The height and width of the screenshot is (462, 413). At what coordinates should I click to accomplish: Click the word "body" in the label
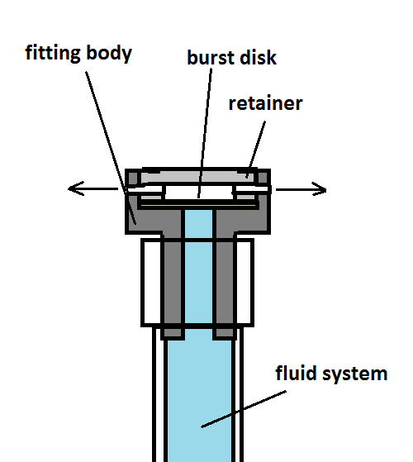(109, 53)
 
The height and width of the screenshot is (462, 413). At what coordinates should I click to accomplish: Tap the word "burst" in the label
(211, 57)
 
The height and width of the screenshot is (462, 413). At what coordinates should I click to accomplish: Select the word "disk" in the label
(259, 57)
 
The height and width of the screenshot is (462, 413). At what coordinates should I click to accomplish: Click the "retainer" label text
(265, 103)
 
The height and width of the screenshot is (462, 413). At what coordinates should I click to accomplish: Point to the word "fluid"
(297, 373)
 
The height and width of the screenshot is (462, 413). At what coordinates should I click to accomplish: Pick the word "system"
(354, 374)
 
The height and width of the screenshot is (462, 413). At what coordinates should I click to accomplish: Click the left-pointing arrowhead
(76, 188)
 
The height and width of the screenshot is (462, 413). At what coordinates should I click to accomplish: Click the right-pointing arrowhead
(319, 189)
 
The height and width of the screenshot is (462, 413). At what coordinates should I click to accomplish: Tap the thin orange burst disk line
(198, 205)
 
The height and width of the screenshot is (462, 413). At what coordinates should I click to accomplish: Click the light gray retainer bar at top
(197, 177)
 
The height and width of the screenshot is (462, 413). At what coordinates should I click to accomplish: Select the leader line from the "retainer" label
(256, 150)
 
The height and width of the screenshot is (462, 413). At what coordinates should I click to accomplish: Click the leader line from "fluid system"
(244, 409)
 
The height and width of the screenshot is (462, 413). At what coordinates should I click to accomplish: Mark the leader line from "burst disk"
(205, 133)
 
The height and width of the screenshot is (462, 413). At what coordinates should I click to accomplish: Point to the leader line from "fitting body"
(111, 148)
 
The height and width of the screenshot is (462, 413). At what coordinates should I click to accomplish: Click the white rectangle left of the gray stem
(152, 283)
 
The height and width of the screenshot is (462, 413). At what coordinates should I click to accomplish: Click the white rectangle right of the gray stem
(244, 283)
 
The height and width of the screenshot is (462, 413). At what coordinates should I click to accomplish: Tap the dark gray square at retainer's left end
(133, 178)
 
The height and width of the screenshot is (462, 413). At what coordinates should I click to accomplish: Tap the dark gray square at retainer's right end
(263, 178)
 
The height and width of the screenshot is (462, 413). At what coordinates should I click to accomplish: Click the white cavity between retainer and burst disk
(199, 193)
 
